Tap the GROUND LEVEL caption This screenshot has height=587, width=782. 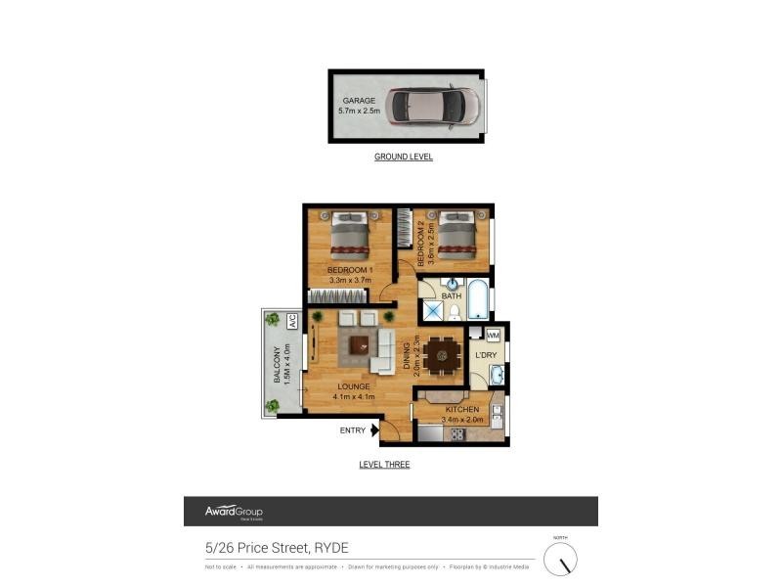click(x=404, y=157)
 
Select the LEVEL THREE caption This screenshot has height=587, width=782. click(x=384, y=465)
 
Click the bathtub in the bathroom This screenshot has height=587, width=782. click(x=477, y=299)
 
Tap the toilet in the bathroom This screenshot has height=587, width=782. click(x=455, y=311)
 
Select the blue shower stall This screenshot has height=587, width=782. click(x=431, y=311)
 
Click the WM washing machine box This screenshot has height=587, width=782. click(x=493, y=335)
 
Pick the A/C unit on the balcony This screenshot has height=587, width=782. click(x=292, y=320)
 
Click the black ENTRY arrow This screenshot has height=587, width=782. click(x=374, y=429)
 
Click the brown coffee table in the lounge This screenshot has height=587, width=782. click(x=359, y=344)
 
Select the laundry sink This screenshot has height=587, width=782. click(x=497, y=375)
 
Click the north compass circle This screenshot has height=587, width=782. click(x=560, y=560)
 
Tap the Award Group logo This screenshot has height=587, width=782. click(x=234, y=512)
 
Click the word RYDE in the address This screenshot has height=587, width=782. click(x=331, y=548)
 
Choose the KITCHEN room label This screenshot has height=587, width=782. click(x=462, y=409)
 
